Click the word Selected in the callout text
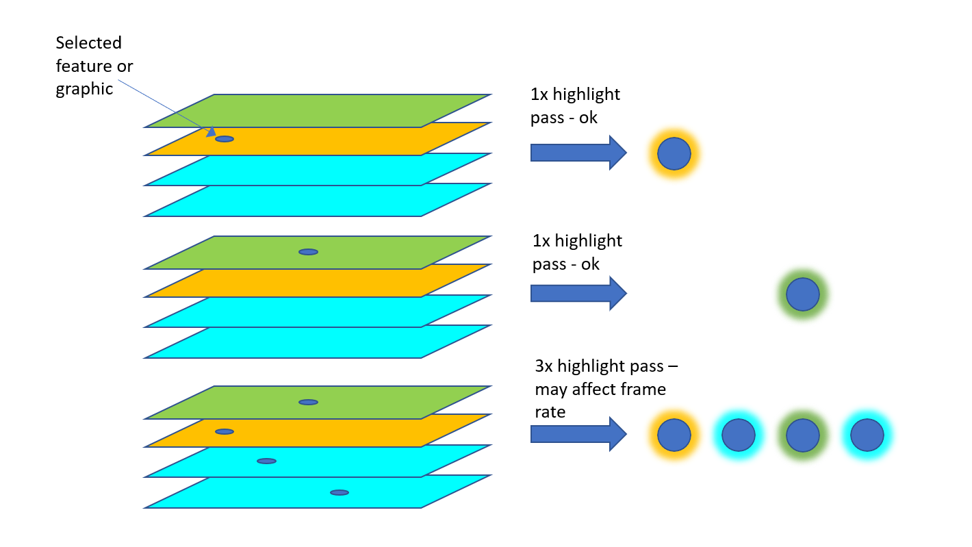88,43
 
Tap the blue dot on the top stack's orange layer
224,139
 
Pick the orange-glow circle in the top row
674,154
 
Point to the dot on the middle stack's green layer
308,252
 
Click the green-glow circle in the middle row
803,295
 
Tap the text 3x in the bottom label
544,366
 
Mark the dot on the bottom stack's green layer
308,402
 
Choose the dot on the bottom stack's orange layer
224,431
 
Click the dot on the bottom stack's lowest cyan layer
339,492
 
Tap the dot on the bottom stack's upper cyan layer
266,461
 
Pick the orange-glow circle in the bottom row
674,435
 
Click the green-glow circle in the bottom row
803,435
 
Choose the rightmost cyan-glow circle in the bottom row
867,435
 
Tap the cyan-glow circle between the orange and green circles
739,435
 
